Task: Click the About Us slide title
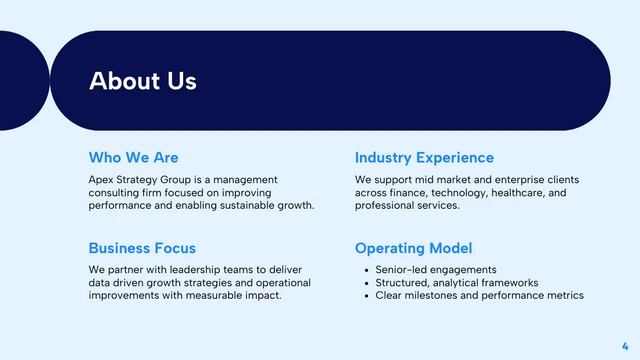(x=143, y=81)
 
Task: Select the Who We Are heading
(x=133, y=157)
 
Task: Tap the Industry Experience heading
(x=424, y=157)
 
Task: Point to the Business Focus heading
(x=142, y=248)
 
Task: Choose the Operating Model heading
(x=413, y=248)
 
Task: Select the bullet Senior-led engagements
(x=436, y=270)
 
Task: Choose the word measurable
(x=220, y=296)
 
